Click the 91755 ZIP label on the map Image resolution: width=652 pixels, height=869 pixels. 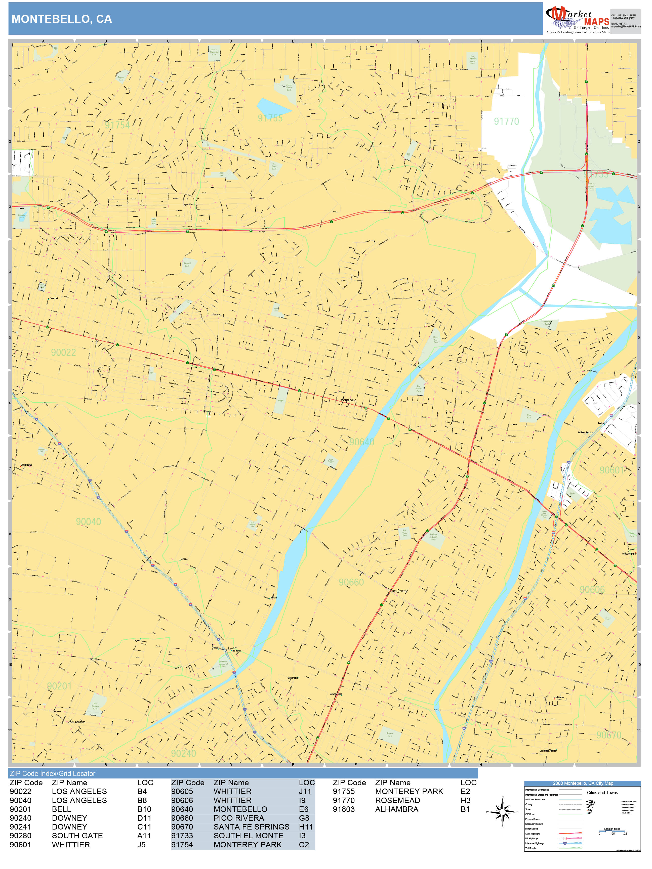[x=270, y=118]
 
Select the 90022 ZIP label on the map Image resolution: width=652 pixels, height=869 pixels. [x=63, y=352]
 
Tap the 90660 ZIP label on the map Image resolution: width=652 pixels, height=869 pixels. [x=351, y=582]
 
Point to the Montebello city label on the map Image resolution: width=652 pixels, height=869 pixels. [x=348, y=400]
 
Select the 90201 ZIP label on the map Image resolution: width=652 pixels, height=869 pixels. [x=59, y=686]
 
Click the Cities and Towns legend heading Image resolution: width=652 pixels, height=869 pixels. [x=602, y=792]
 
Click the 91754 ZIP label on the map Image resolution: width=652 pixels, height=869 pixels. [x=117, y=125]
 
